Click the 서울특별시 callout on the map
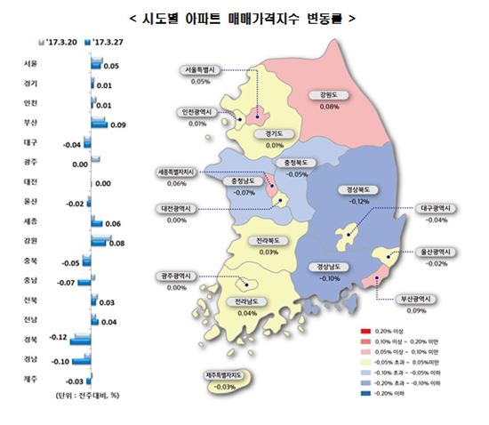[204, 68]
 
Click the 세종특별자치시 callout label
[183, 172]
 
